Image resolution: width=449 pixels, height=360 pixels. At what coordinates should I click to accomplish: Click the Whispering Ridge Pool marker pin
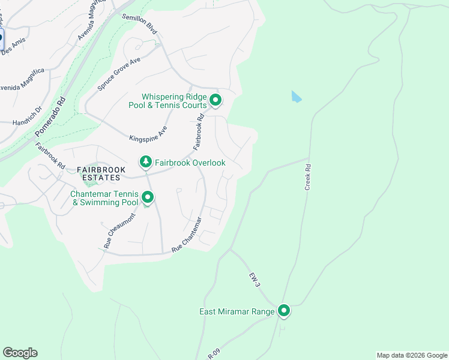click(215, 100)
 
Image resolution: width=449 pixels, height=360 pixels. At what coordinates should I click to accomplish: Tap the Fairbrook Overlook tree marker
click(145, 162)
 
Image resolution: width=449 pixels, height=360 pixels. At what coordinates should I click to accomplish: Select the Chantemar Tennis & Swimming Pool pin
click(147, 197)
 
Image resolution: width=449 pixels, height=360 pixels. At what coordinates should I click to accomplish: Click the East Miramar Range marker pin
click(284, 311)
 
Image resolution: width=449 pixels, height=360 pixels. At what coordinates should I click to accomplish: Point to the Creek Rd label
click(308, 178)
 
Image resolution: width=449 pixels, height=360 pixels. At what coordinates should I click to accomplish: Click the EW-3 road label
click(255, 279)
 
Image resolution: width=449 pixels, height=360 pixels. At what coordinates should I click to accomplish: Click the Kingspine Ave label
click(148, 134)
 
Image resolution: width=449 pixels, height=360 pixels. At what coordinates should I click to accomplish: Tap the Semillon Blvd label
click(139, 23)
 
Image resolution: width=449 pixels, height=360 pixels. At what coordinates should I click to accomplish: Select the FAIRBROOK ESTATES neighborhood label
click(101, 174)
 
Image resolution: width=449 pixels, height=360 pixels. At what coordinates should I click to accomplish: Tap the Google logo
click(20, 353)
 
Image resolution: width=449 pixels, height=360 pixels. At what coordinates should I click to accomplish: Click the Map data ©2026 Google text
click(412, 355)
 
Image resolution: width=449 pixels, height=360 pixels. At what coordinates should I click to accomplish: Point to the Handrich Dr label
click(28, 116)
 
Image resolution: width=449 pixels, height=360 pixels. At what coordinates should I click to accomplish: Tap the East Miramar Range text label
click(237, 311)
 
